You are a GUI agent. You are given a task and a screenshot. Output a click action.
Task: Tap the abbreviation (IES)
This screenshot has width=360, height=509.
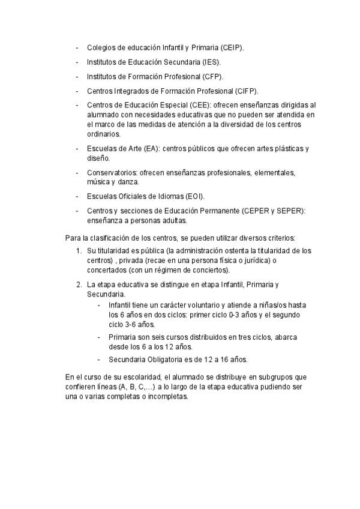tap(211, 62)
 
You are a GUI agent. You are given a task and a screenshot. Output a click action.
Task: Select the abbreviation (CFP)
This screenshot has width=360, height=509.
tap(213, 77)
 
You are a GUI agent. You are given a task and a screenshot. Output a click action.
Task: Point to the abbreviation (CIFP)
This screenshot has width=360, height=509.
tap(247, 91)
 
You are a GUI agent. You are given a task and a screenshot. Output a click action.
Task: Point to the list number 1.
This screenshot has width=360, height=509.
tap(79, 250)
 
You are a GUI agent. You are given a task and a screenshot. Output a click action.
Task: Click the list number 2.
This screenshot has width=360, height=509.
tap(79, 284)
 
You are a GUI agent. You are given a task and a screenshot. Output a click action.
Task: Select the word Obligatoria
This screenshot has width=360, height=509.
tap(169, 360)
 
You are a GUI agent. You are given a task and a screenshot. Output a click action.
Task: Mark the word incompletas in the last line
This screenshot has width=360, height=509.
tap(170, 396)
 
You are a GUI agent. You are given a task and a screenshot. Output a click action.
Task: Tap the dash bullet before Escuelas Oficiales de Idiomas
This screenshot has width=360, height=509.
tap(77, 196)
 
